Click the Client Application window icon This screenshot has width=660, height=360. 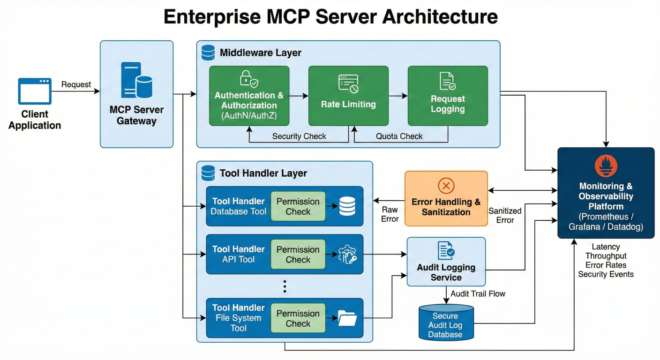click(x=34, y=91)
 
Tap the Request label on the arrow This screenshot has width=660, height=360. click(x=76, y=84)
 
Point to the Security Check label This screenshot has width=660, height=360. click(x=299, y=136)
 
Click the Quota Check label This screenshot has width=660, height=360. click(x=399, y=136)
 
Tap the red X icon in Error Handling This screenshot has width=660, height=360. click(x=446, y=186)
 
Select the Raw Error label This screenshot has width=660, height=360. click(x=390, y=215)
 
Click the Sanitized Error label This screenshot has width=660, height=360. click(x=505, y=216)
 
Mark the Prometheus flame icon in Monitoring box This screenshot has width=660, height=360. click(x=606, y=166)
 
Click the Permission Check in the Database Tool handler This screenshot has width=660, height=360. click(x=298, y=206)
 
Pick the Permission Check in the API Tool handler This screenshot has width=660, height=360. click(x=298, y=255)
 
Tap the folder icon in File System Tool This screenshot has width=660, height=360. click(x=347, y=319)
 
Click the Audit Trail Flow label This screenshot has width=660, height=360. click(x=478, y=294)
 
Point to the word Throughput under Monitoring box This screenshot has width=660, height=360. click(x=606, y=256)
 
